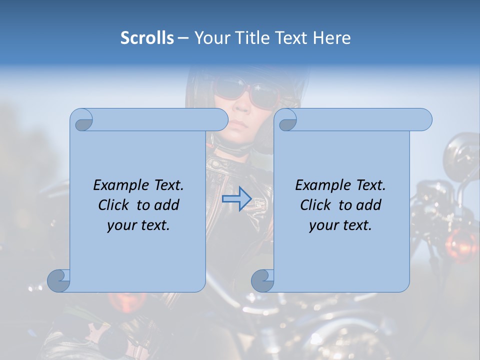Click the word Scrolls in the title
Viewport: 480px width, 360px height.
point(147,38)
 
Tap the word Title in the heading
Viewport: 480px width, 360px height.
point(252,38)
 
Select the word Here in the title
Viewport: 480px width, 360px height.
point(331,38)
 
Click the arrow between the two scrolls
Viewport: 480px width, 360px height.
point(236,199)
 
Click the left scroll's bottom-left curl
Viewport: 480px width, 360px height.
point(59,280)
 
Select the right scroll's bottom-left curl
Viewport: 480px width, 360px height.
point(263,280)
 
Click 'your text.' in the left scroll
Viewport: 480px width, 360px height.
point(138,225)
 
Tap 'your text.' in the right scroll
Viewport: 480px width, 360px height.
point(340,225)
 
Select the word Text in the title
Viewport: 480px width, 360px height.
point(291,38)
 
